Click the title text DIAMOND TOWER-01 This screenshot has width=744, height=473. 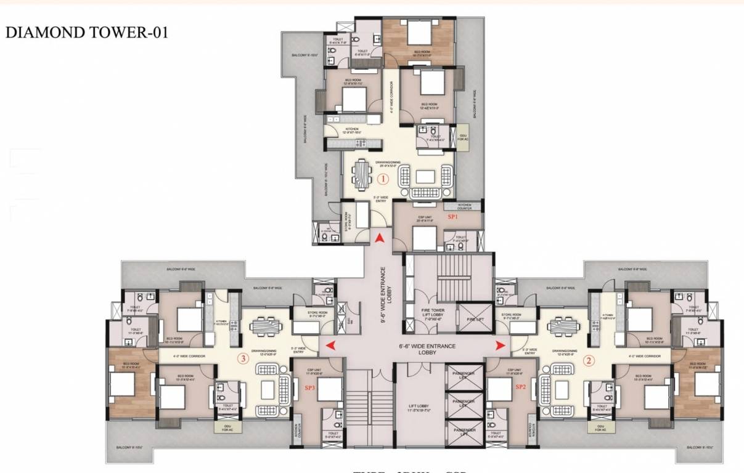[x=86, y=33]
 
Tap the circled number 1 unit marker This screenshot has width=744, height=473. [x=383, y=180]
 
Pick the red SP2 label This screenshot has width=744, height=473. [x=521, y=387]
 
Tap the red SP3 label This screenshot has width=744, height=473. [x=310, y=387]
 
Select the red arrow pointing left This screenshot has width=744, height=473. [x=331, y=346]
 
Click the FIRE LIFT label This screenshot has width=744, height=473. [x=475, y=320]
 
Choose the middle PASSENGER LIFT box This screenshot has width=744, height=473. [x=463, y=403]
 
